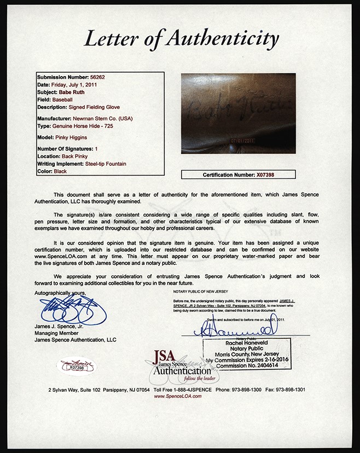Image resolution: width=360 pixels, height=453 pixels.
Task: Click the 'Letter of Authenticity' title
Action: [x=180, y=39]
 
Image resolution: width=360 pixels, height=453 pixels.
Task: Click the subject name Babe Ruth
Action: [x=72, y=92]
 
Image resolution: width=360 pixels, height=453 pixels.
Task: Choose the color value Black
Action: [x=60, y=171]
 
